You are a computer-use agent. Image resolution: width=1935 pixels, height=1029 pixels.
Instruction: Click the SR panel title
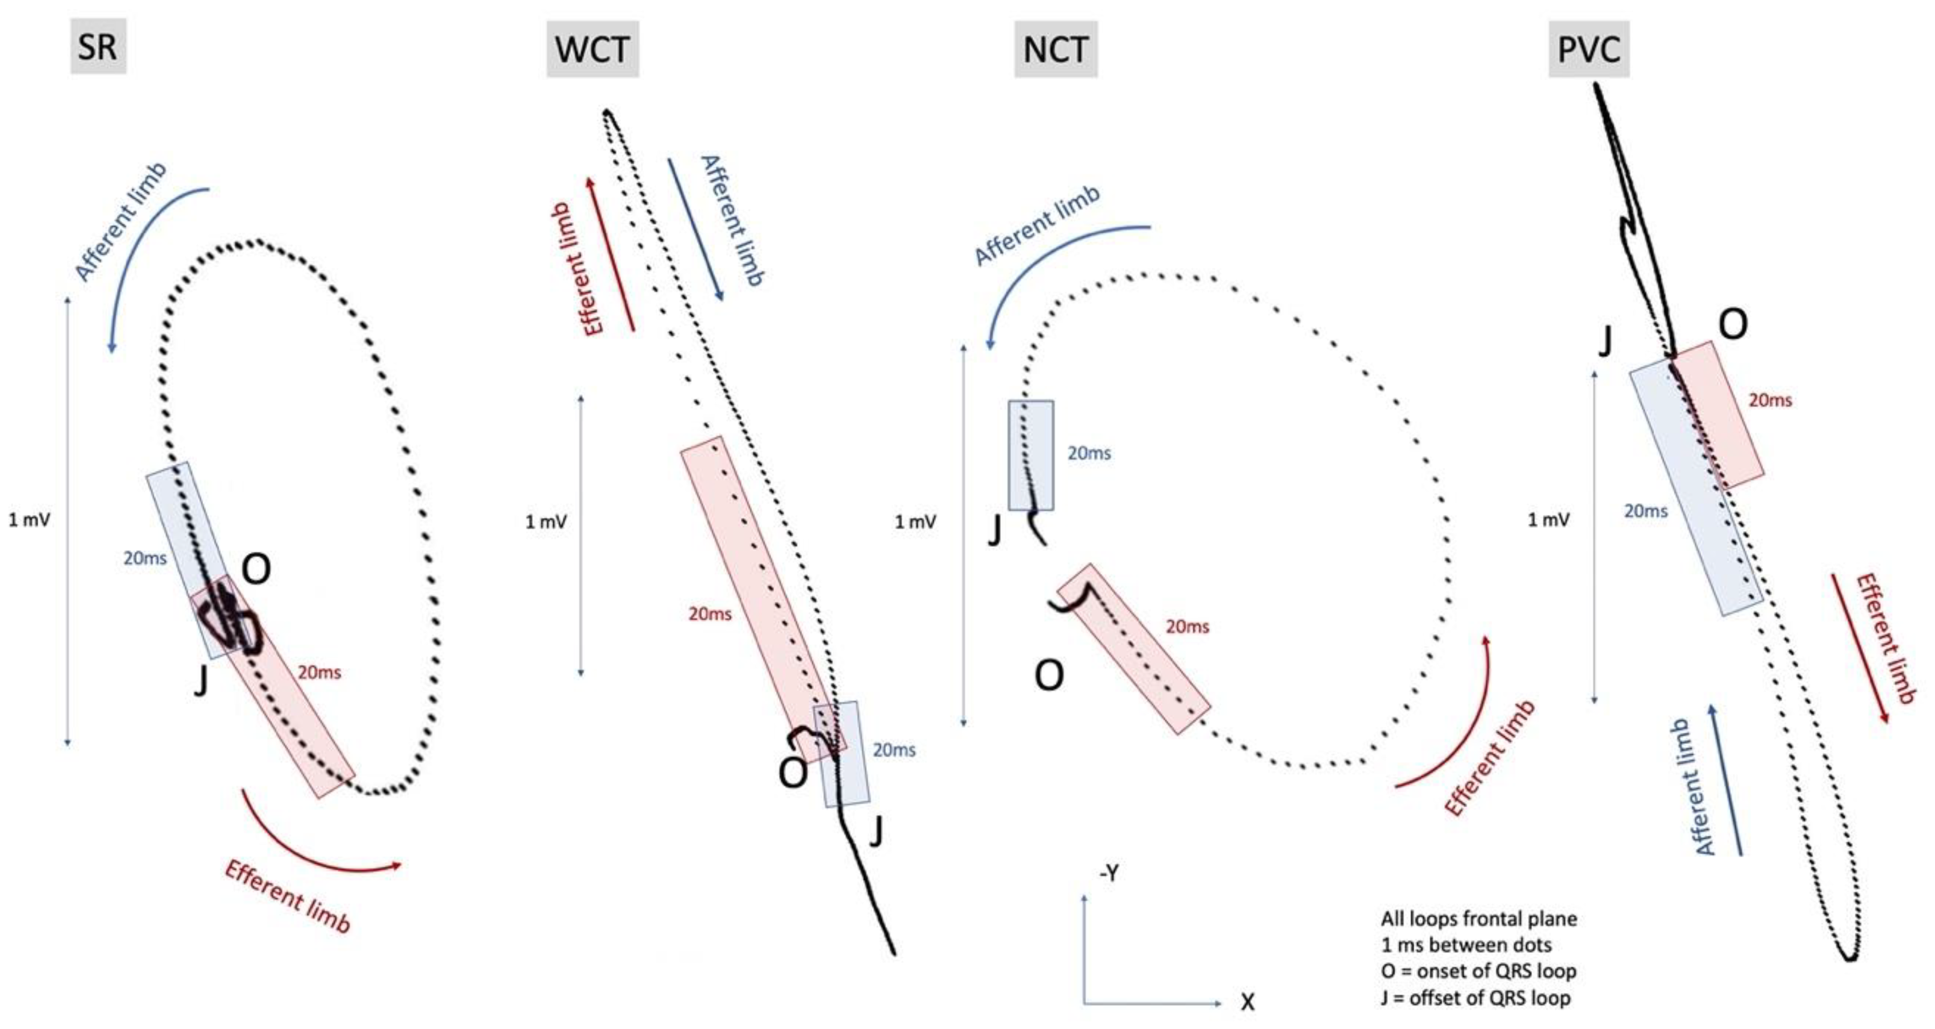[x=98, y=46]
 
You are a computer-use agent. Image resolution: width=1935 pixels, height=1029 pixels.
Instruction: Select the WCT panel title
[x=592, y=50]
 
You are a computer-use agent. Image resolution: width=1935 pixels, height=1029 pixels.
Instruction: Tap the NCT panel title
[x=1055, y=50]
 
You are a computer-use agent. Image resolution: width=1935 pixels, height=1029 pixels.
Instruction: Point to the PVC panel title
[x=1589, y=50]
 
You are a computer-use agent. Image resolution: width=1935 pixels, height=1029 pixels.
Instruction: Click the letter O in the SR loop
[x=256, y=569]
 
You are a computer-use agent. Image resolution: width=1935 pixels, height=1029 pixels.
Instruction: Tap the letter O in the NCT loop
[x=1049, y=675]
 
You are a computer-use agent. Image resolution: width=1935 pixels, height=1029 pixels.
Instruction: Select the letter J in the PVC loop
[x=1604, y=342]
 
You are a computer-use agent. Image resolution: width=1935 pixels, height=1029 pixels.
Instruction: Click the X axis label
[x=1247, y=1001]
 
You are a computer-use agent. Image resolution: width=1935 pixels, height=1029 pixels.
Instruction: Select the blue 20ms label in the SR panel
[x=145, y=558]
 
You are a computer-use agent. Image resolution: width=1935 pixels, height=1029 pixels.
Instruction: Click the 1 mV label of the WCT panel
[x=546, y=522]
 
